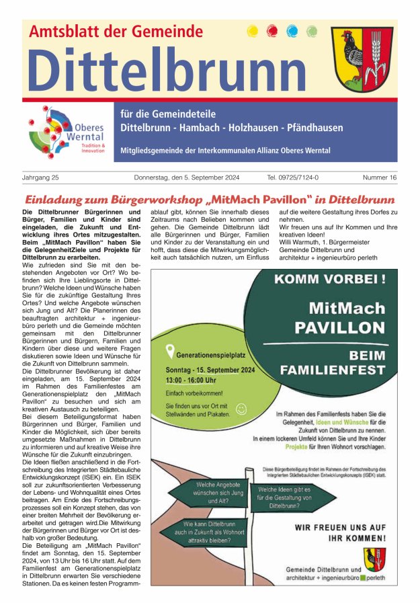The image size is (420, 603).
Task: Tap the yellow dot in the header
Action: (x=253, y=31)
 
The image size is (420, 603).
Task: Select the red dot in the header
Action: (x=272, y=31)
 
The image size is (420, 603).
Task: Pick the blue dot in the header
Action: (x=292, y=31)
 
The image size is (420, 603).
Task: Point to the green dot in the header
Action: (x=311, y=31)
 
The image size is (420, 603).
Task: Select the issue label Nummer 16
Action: (x=379, y=178)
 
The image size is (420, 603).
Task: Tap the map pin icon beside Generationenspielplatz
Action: (x=170, y=350)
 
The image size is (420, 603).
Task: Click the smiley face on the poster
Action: (x=241, y=408)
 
